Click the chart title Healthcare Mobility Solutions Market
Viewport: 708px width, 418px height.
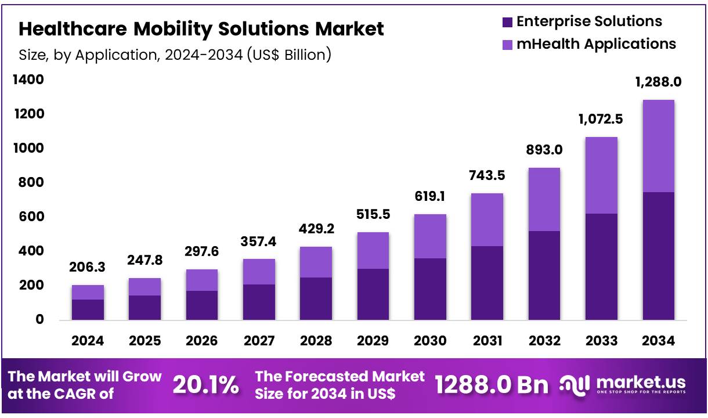tap(201, 28)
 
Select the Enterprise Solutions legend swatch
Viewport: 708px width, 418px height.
tap(507, 23)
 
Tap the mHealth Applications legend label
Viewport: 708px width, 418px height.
tap(596, 44)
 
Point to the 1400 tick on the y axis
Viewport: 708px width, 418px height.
tap(28, 80)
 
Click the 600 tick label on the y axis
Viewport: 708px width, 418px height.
tap(28, 217)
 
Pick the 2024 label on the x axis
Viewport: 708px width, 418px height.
tap(88, 341)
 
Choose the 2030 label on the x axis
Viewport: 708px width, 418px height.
tap(430, 341)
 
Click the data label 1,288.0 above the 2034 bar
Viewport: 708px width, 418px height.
tap(658, 82)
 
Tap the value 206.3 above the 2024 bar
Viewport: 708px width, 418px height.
tap(88, 268)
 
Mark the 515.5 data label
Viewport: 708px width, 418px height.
tap(373, 214)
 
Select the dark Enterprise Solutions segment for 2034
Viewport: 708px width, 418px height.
tap(658, 255)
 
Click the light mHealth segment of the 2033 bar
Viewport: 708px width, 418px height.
tap(601, 175)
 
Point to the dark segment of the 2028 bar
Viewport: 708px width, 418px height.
tap(316, 298)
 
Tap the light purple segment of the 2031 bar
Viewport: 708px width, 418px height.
tap(487, 219)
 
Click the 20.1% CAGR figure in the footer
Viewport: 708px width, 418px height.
tap(205, 384)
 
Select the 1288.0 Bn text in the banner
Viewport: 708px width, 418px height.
tap(491, 384)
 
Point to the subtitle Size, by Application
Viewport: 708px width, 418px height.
tap(175, 55)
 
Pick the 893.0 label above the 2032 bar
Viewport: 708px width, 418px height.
tap(544, 150)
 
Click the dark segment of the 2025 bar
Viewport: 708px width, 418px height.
tap(145, 307)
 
